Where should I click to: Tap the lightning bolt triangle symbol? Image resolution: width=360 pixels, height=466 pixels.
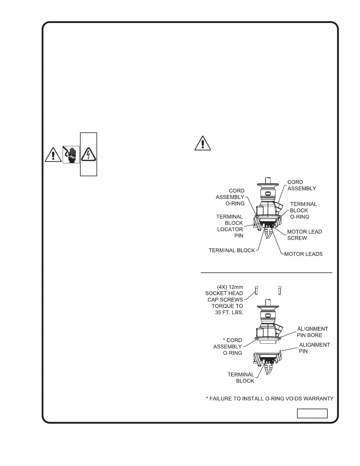point(89,154)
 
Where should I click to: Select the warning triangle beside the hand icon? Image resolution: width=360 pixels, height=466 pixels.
point(53,154)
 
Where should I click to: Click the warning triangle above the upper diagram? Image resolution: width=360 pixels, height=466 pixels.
point(202,143)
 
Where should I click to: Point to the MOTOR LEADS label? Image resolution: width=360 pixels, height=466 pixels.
point(303,254)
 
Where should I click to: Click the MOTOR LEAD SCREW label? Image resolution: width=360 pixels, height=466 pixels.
point(304,235)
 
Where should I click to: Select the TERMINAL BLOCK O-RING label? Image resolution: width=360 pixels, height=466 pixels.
point(303,210)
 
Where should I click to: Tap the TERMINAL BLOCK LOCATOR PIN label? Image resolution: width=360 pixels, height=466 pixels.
point(230,226)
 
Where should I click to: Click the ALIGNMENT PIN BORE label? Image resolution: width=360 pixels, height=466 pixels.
point(312,332)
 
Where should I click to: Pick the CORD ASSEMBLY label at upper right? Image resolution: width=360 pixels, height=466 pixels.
point(302,185)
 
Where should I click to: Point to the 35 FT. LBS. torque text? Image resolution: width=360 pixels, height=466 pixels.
point(229,312)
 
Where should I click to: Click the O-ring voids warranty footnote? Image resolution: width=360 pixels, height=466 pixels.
point(269,399)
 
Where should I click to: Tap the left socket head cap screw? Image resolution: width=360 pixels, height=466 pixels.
point(256,290)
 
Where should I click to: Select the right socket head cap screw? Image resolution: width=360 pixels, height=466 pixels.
point(280,290)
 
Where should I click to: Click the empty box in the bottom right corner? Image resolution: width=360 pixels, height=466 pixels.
point(312,413)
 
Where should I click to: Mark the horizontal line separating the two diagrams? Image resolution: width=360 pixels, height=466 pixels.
point(266,273)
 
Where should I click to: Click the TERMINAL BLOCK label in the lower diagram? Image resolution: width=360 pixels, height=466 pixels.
point(241,378)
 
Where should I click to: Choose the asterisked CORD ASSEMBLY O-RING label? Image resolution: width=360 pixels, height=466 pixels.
point(228,346)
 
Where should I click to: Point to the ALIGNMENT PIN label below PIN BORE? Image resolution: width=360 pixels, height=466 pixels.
point(314,348)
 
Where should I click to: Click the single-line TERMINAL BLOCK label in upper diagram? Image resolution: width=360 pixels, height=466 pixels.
point(231,250)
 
